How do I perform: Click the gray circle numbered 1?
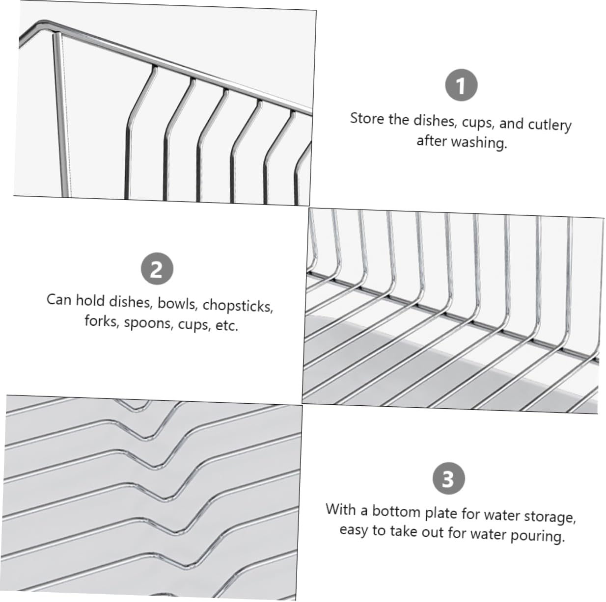coord(461,86)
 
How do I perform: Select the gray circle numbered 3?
coord(448,479)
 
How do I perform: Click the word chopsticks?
coord(238,305)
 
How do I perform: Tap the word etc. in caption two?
coord(226,326)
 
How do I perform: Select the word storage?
coord(549,517)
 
